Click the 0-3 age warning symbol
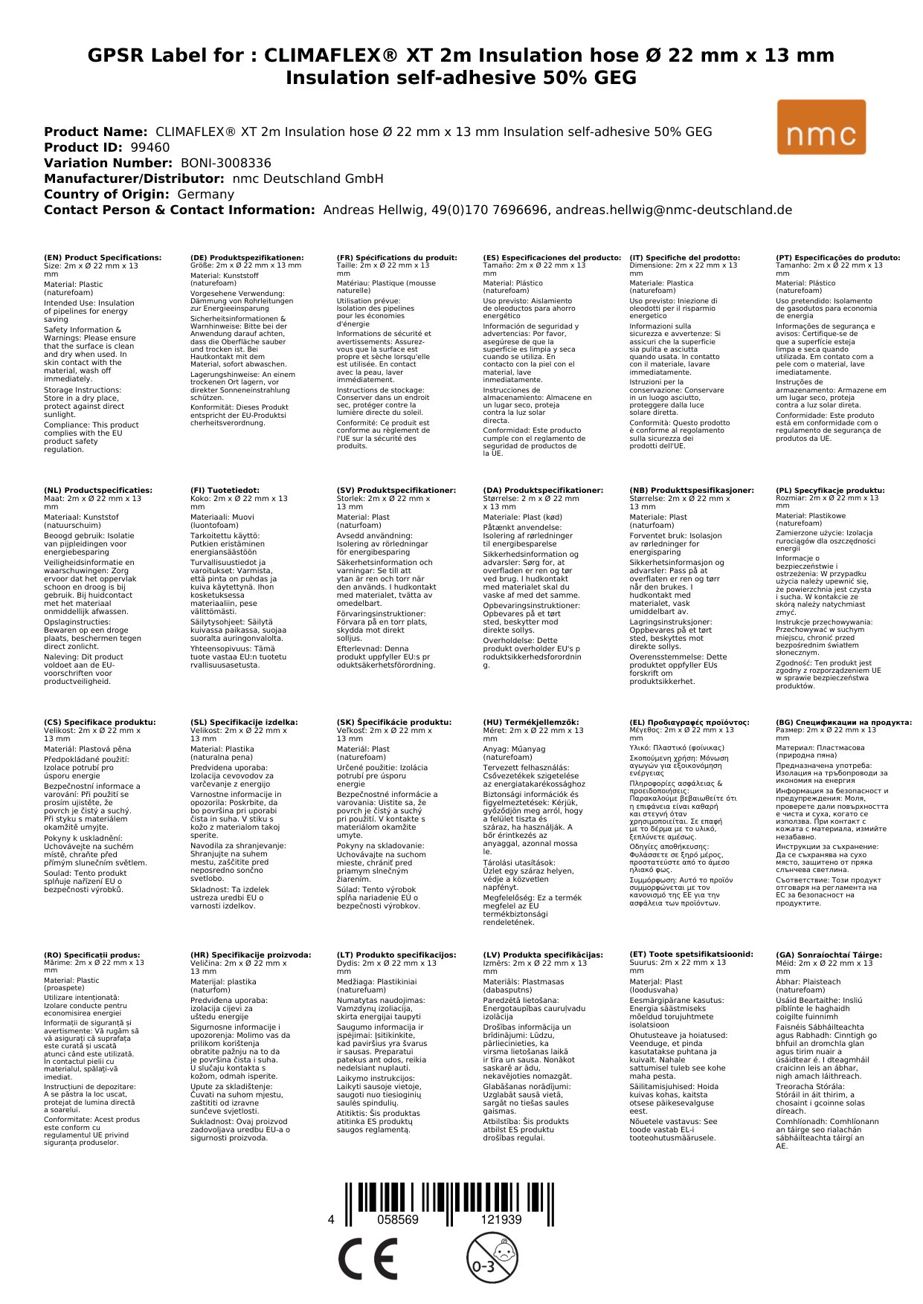[x=492, y=1258]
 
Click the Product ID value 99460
[x=149, y=147]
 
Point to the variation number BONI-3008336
[x=225, y=163]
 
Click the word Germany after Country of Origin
[x=205, y=194]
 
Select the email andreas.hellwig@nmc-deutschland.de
[x=674, y=210]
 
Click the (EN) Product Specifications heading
[x=103, y=258]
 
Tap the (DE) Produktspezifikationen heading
[x=247, y=258]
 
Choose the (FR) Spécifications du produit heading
[x=396, y=258]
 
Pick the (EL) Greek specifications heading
[x=689, y=722]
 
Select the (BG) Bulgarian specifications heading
[x=843, y=722]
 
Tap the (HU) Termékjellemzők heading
[x=530, y=722]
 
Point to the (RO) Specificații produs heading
[x=91, y=955]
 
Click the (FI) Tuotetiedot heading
[x=225, y=491]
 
